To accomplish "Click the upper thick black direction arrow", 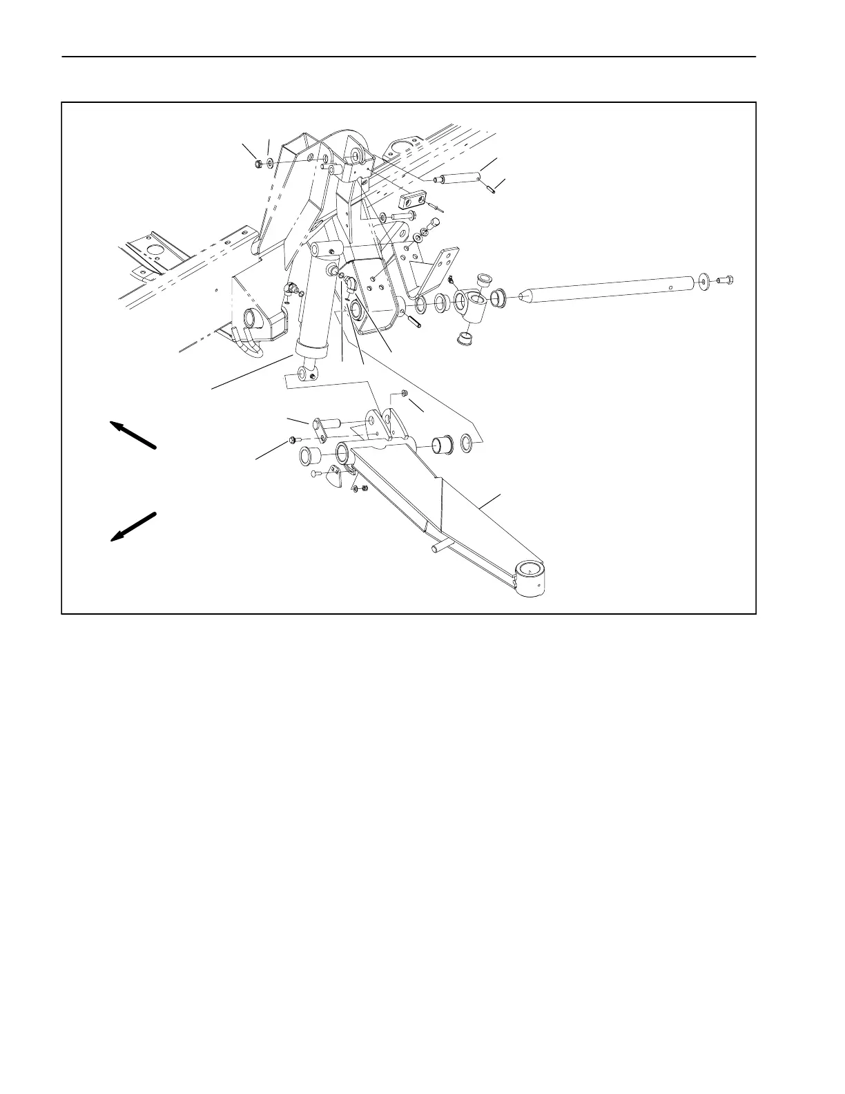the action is pyautogui.click(x=134, y=436).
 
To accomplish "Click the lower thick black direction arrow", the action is pyautogui.click(x=134, y=526).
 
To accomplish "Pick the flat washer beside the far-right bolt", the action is pyautogui.click(x=703, y=280).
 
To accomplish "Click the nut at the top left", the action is pyautogui.click(x=256, y=164).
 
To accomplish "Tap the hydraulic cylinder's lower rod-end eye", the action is pyautogui.click(x=306, y=374).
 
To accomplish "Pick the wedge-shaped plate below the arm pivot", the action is pyautogui.click(x=334, y=477).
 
